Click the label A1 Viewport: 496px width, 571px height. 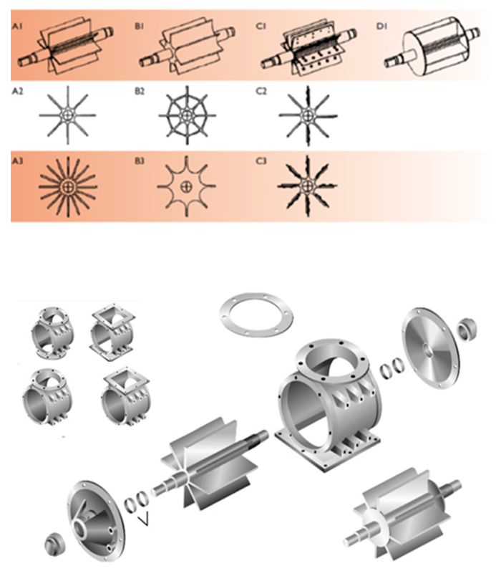point(17,27)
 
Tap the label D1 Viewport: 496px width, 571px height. point(381,27)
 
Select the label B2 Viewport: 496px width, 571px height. point(140,91)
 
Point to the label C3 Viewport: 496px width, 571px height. point(261,161)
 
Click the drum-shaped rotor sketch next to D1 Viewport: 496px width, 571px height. point(435,47)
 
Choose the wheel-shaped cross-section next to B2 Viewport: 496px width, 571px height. point(187,115)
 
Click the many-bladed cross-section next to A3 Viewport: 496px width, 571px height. point(68,187)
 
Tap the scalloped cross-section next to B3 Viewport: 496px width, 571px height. point(186,186)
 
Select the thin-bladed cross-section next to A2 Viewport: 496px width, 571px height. point(68,115)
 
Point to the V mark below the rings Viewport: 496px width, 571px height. point(145,520)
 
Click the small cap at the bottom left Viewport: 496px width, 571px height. point(56,545)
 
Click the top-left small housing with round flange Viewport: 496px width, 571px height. point(52,333)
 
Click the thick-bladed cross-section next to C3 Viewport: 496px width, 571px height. point(308,186)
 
